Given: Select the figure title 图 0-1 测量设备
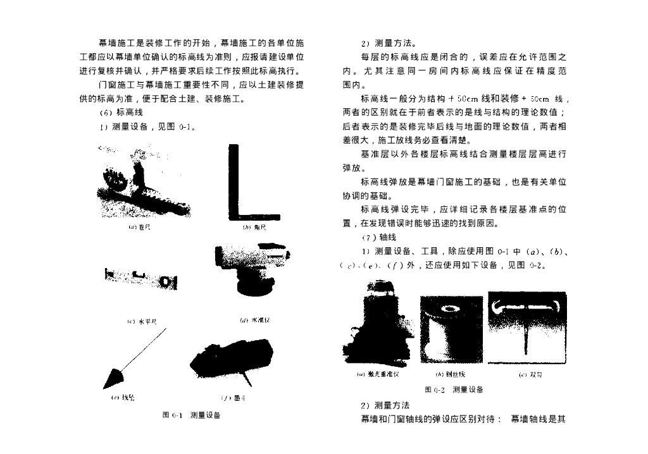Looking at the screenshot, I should click(x=191, y=415).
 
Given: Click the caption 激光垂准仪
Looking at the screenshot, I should click(x=378, y=374).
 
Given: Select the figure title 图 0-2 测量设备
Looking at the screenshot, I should click(x=454, y=390).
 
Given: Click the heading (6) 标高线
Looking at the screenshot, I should click(x=116, y=112).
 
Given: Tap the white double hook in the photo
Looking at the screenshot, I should click(x=526, y=307).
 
